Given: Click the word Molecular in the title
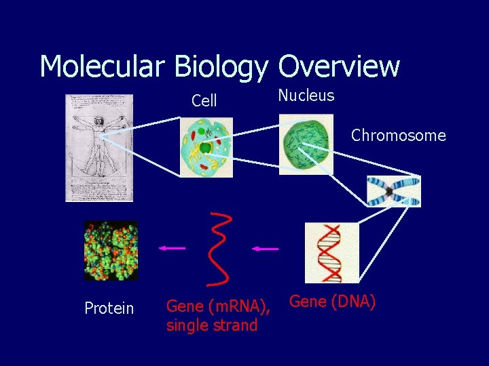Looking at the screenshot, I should [102, 66].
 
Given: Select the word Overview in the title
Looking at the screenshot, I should [338, 66].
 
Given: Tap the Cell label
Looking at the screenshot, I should [204, 101].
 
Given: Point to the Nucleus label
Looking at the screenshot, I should [306, 96].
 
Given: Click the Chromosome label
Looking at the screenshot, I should [398, 136].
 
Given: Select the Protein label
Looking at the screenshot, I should [109, 309].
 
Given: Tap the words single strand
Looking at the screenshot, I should [212, 325].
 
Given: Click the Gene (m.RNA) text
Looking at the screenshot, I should [218, 308].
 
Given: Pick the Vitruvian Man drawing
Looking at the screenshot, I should [99, 148].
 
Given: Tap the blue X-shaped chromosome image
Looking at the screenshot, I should [393, 191].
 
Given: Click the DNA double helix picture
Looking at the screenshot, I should [331, 252].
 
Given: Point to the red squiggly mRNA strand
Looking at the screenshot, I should [221, 247].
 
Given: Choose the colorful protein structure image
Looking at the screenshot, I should [111, 250].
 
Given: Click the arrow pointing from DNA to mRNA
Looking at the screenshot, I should [265, 249].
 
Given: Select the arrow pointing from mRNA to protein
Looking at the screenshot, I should [172, 248].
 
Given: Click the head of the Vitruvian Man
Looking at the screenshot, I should [99, 120].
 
